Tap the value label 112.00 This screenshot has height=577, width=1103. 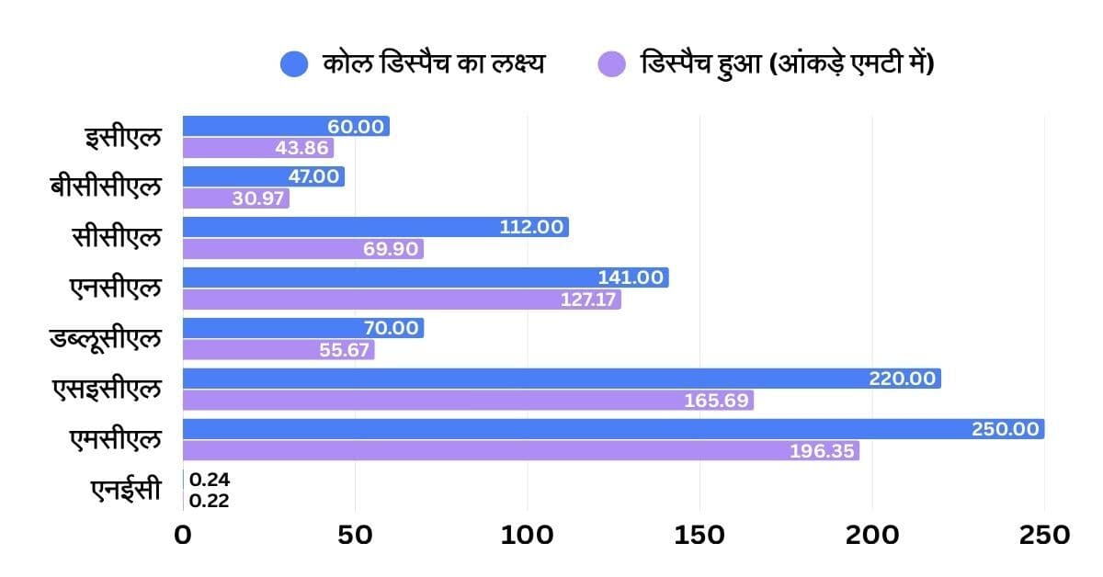click(x=531, y=227)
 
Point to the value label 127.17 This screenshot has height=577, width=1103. click(x=588, y=300)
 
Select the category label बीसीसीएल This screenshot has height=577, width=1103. click(x=106, y=187)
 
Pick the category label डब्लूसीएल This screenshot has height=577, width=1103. click(x=106, y=339)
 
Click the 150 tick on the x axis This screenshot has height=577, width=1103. click(x=699, y=535)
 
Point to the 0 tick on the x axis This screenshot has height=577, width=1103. click(x=183, y=535)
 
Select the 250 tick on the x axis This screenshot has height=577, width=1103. click(x=1044, y=535)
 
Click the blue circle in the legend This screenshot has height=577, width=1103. click(x=294, y=64)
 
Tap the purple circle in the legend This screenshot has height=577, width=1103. click(x=611, y=64)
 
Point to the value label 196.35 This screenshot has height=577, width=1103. click(x=823, y=451)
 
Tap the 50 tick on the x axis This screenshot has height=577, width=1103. click(x=355, y=535)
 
